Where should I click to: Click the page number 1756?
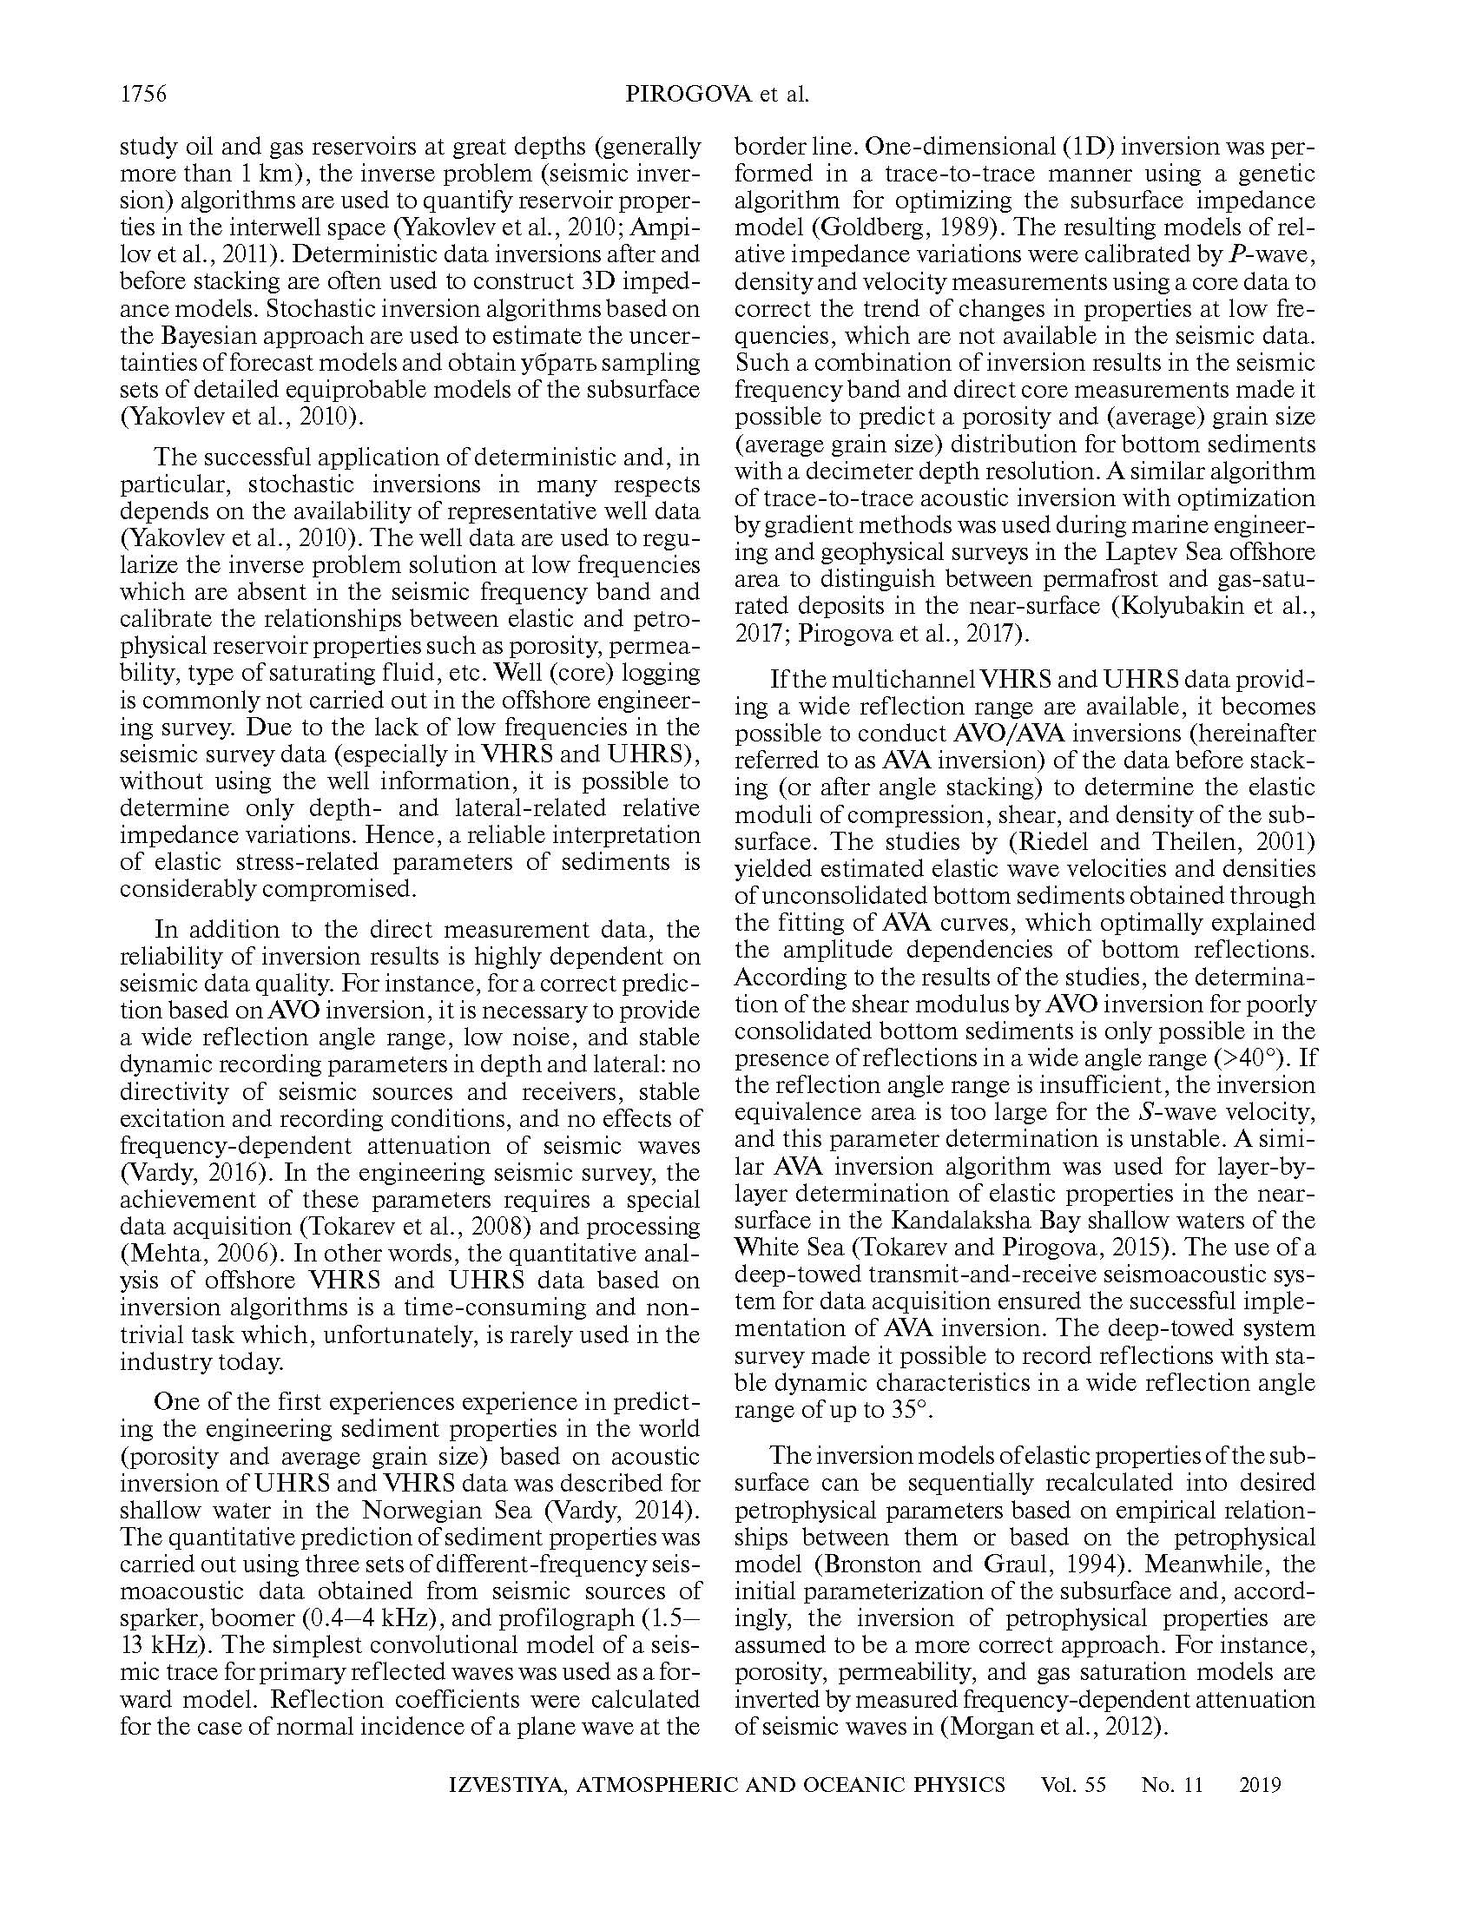[x=142, y=95]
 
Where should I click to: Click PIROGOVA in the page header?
[x=689, y=95]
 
